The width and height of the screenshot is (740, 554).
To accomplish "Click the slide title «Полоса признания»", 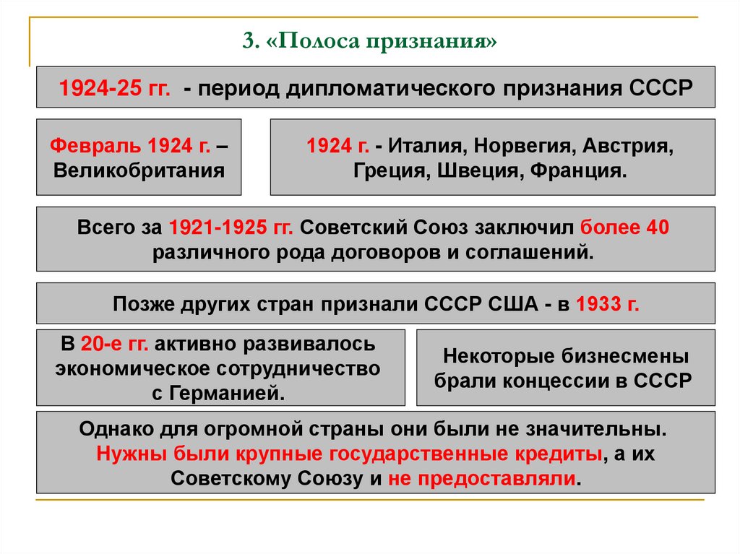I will coord(370,40).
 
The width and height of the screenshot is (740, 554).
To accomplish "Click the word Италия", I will coord(419,147).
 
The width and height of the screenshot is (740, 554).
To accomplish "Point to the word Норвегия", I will coord(504,147).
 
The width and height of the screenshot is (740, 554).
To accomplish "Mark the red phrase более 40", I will coord(625,228).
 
